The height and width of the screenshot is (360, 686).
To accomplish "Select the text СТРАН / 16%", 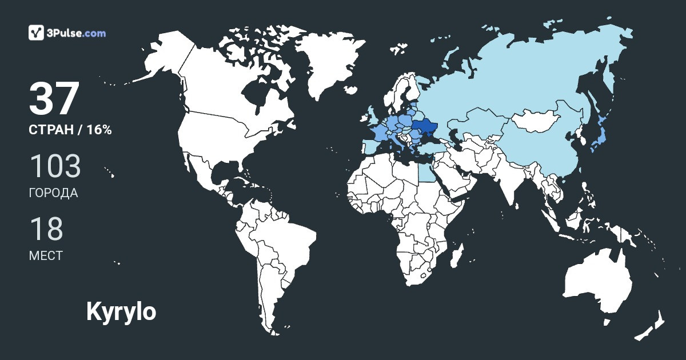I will (x=70, y=130).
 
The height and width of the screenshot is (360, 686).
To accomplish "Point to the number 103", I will (x=55, y=166).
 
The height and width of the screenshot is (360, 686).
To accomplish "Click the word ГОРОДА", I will (x=53, y=193).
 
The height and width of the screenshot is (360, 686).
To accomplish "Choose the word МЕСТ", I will (x=46, y=255).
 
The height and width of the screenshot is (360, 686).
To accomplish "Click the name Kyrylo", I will (x=121, y=311).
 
